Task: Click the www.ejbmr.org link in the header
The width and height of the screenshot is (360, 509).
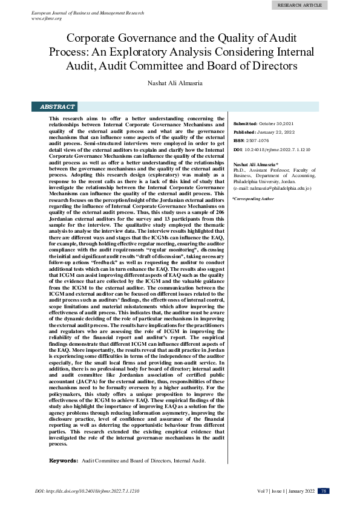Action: [x=46, y=19]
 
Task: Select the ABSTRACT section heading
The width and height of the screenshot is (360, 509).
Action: [x=57, y=106]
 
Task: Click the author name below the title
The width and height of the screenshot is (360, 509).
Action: [x=180, y=82]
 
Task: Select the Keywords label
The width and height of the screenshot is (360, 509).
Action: [x=63, y=461]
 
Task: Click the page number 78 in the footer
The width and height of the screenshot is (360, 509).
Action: [x=324, y=491]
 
